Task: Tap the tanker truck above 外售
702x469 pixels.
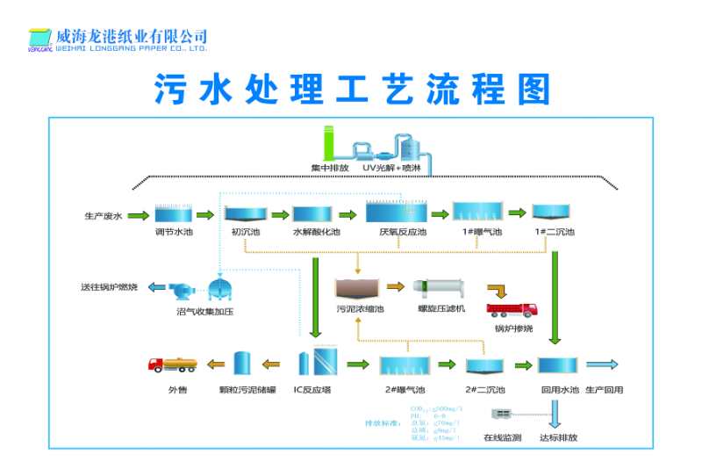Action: coord(171,364)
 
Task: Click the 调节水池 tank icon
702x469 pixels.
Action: coord(172,213)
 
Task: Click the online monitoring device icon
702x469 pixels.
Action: coord(503,414)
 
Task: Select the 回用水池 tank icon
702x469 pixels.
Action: coord(557,364)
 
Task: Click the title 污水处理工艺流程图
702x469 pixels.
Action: coord(352,90)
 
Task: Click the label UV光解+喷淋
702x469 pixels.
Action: coord(391,167)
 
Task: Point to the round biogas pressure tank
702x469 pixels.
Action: coord(218,288)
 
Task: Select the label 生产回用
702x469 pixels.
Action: coord(603,389)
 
